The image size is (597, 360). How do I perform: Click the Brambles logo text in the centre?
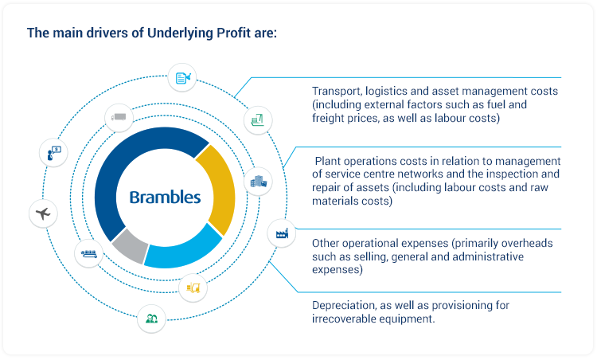pyautogui.click(x=165, y=198)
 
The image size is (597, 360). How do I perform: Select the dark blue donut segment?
pyautogui.click(x=111, y=171)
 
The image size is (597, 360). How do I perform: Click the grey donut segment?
pyautogui.click(x=131, y=247)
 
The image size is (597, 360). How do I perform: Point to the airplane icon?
pyautogui.click(x=43, y=213)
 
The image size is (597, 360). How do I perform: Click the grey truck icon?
pyautogui.click(x=119, y=117)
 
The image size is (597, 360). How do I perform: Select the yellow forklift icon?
pyautogui.click(x=193, y=288)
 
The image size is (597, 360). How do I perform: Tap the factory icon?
pyautogui.click(x=282, y=233)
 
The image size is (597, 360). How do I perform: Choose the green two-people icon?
pyautogui.click(x=151, y=319)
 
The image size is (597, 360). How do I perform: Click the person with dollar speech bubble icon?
pyautogui.click(x=53, y=153)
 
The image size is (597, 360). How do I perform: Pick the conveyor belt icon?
pyautogui.click(x=88, y=254)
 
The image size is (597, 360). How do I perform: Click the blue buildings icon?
pyautogui.click(x=259, y=182)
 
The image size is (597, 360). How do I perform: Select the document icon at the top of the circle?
pyautogui.click(x=182, y=77)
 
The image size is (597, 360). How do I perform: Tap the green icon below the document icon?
pyautogui.click(x=258, y=120)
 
